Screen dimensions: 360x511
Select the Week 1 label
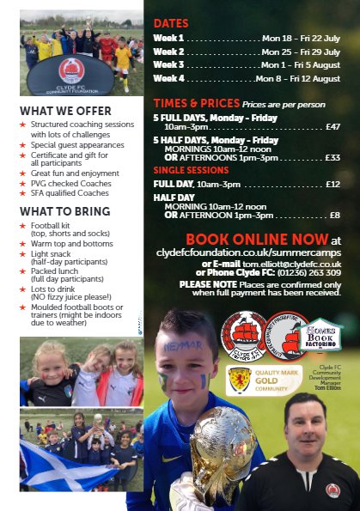[168, 38]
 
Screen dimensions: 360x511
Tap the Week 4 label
[168, 77]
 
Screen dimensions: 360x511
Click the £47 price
[333, 126]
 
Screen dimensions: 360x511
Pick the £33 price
[333, 156]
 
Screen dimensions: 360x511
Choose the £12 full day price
[333, 184]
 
